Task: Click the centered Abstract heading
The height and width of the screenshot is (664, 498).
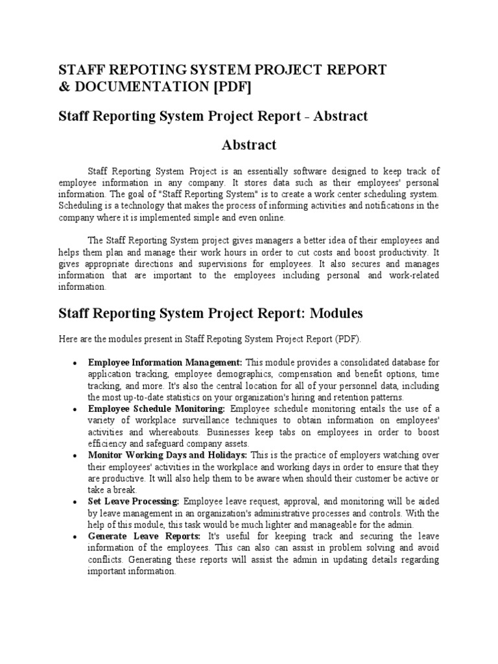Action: pos(249,145)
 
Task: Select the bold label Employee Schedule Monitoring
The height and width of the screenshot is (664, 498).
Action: pos(156,409)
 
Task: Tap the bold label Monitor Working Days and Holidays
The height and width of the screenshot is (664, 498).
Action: pos(168,456)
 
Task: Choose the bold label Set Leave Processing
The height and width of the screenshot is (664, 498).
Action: pos(134,502)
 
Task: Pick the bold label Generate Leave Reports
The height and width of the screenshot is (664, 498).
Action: pos(144,537)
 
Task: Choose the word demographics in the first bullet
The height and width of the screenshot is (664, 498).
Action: pos(243,375)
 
